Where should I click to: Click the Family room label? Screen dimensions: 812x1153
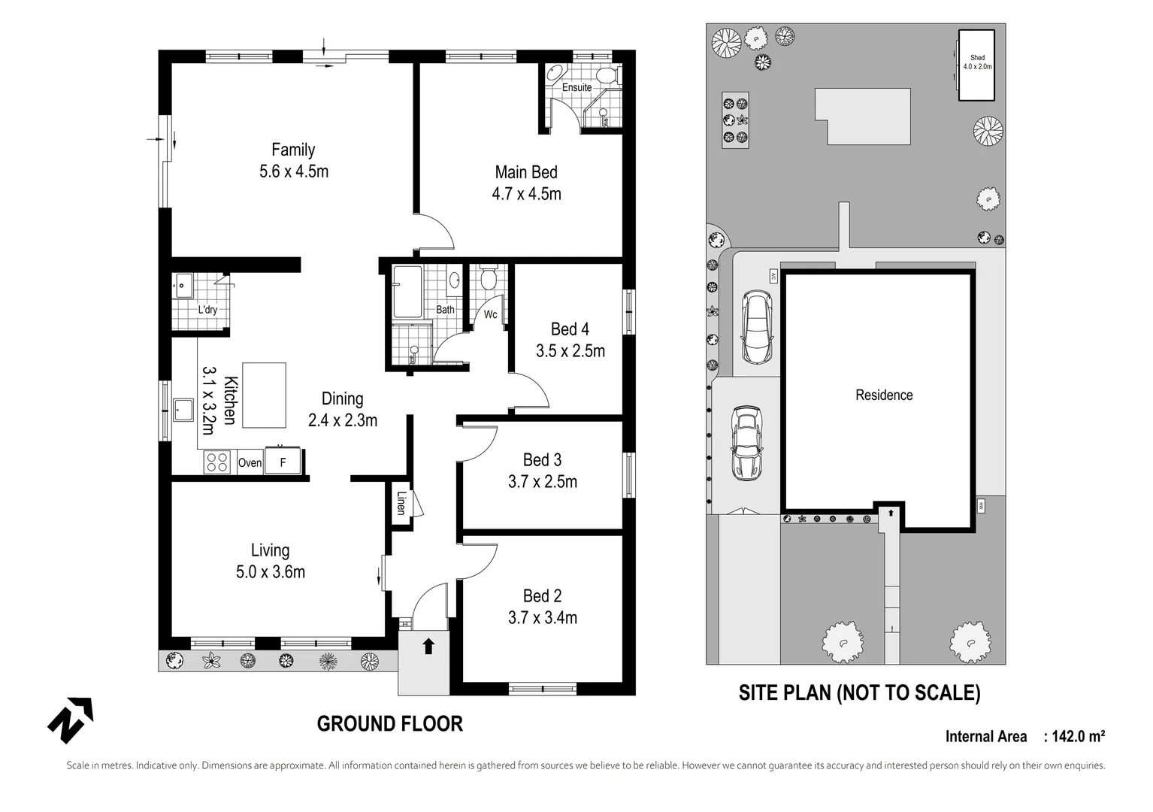(x=293, y=150)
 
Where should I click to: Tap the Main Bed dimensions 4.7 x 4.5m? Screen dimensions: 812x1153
(x=526, y=194)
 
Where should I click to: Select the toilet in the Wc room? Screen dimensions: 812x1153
(x=489, y=279)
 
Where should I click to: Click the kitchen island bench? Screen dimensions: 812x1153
(x=264, y=395)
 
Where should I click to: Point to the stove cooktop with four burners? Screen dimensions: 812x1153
(x=217, y=462)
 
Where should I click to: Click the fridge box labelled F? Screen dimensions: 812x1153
(x=283, y=462)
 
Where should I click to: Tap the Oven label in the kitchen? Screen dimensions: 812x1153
(x=250, y=462)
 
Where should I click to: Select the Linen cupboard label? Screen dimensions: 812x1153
(x=401, y=502)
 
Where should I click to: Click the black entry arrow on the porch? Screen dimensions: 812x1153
(x=428, y=646)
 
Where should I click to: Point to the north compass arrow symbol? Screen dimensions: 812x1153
(x=71, y=720)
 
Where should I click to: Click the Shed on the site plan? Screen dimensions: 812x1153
(x=976, y=64)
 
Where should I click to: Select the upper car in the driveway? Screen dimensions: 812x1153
(x=757, y=326)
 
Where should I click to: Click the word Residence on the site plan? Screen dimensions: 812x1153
(x=884, y=395)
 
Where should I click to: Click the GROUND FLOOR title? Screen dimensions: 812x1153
(x=389, y=724)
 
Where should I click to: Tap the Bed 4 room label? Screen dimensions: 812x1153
(x=570, y=329)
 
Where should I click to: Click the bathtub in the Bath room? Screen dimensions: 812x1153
(x=407, y=292)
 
